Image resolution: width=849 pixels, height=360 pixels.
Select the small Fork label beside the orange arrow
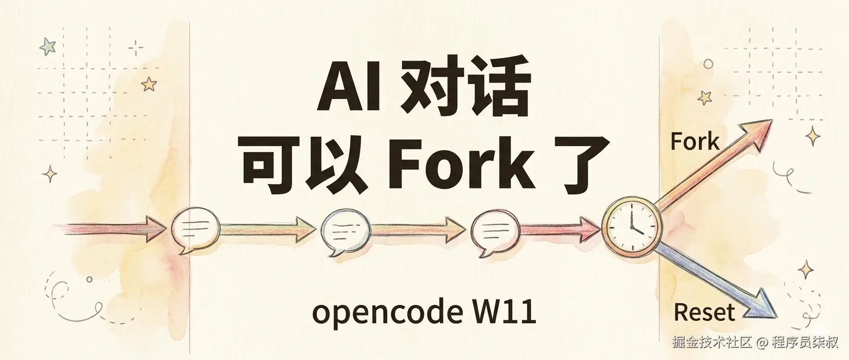tap(695, 142)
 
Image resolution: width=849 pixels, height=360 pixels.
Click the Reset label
tap(704, 312)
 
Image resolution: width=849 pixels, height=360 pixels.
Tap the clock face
tap(631, 226)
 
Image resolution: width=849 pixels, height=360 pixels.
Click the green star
tap(48, 47)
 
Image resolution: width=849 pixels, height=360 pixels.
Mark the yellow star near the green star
tap(148, 84)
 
